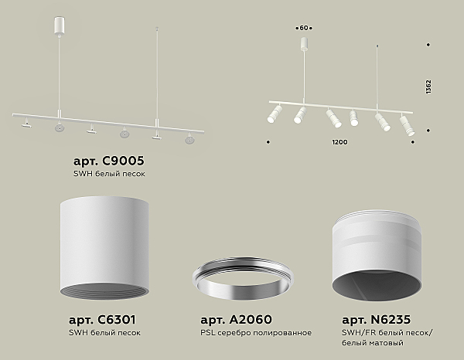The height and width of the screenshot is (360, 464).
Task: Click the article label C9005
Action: point(108,161)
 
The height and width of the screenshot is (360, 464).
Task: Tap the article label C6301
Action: point(102,320)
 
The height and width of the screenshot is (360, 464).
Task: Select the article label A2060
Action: point(236,320)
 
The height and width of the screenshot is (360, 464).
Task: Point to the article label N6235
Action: point(377,320)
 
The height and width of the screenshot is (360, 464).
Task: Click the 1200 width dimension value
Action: point(339,142)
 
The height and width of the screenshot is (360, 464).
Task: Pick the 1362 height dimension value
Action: point(428,87)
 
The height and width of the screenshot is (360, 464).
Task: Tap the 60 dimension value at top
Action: point(304,28)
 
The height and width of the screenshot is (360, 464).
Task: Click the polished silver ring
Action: point(243,278)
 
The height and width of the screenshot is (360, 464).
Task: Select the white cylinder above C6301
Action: point(104,248)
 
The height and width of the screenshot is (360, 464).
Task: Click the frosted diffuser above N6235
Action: point(377,256)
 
